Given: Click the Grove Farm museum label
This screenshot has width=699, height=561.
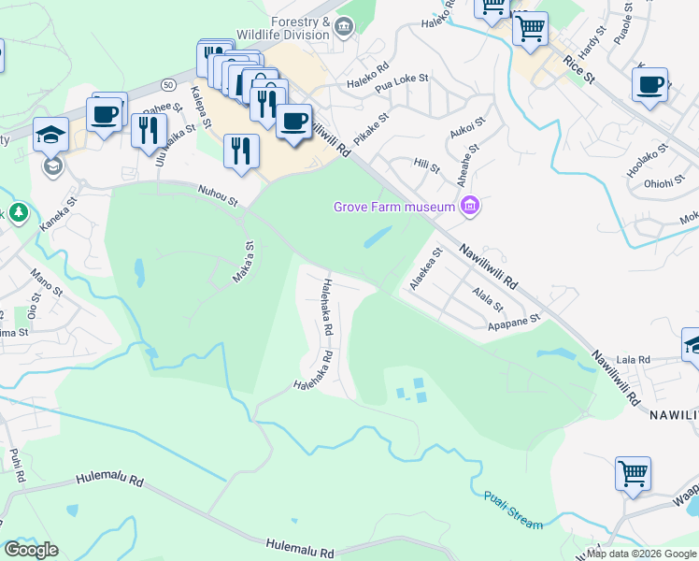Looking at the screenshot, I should click(394, 206).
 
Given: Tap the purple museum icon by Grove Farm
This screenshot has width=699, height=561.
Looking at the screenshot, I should click(470, 206).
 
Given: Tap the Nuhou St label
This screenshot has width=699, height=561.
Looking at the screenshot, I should click(218, 194).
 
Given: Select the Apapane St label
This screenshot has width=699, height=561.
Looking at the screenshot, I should click(515, 323).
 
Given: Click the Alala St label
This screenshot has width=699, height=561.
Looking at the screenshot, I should click(488, 299).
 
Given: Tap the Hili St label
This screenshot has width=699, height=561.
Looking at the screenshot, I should click(426, 165).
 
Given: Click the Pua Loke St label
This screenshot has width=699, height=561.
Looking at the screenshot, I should click(401, 84).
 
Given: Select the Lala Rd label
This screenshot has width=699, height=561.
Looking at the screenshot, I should click(633, 358).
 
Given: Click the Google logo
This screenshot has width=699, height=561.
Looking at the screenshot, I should click(31, 550).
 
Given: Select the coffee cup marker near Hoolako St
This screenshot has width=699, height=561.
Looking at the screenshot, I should click(649, 86).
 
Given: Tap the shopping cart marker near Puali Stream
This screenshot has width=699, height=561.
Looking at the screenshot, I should click(633, 473).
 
